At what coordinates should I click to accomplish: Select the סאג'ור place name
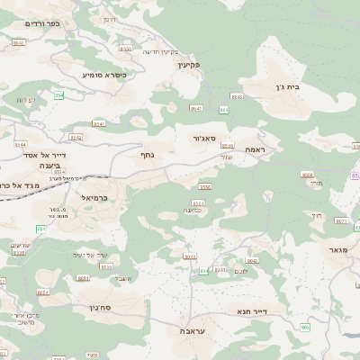tap(203, 139)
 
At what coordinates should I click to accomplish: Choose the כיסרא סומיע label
tap(103, 75)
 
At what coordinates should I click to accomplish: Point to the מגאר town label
tap(337, 249)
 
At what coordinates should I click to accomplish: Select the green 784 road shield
tap(203, 269)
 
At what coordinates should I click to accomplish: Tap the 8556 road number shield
tap(205, 186)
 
